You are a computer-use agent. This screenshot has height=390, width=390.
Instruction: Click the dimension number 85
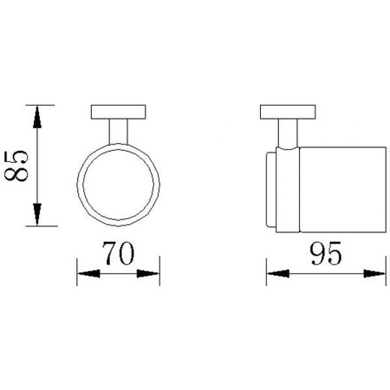[x=16, y=166]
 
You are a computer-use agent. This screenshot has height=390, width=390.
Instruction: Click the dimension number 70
[x=119, y=253]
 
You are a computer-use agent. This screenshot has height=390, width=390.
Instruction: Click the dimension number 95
[x=326, y=253]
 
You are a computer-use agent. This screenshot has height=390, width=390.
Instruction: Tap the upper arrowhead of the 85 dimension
[x=37, y=117]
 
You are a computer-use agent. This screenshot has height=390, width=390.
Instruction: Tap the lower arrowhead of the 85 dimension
[x=37, y=214]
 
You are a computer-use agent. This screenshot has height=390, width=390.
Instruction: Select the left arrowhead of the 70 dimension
[x=88, y=274]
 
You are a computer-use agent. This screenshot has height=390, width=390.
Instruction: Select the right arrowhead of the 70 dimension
[x=148, y=274]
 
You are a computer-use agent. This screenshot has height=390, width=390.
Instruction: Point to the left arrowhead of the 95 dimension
[x=278, y=274]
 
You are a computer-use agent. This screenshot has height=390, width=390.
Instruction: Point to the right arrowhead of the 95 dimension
[x=374, y=274]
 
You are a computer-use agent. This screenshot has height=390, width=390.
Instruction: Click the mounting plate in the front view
[x=118, y=112]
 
